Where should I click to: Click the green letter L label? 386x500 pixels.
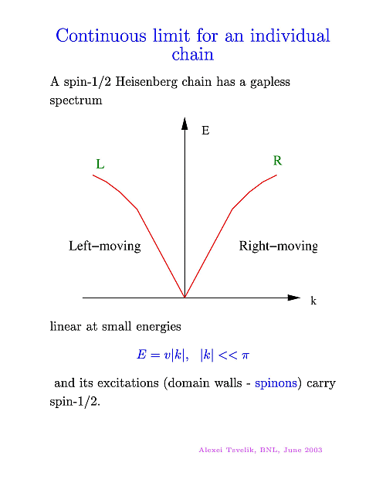pyautogui.click(x=100, y=165)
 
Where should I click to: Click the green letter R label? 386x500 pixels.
pyautogui.click(x=277, y=161)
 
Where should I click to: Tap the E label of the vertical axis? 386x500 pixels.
pyautogui.click(x=205, y=131)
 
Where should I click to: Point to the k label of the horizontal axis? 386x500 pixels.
pyautogui.click(x=313, y=301)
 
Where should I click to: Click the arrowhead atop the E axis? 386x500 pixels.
pyautogui.click(x=185, y=124)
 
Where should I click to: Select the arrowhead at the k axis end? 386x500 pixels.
pyautogui.click(x=293, y=298)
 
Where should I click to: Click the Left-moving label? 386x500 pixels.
pyautogui.click(x=105, y=246)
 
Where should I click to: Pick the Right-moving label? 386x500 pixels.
pyautogui.click(x=279, y=247)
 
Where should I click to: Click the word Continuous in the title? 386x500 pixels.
pyautogui.click(x=100, y=36)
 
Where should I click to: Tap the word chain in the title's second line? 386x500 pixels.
pyautogui.click(x=193, y=54)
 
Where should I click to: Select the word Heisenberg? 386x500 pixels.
pyautogui.click(x=146, y=82)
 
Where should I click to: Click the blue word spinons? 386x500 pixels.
pyautogui.click(x=276, y=383)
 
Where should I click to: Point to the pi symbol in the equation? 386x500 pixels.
pyautogui.click(x=245, y=355)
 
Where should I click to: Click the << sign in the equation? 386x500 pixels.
pyautogui.click(x=228, y=355)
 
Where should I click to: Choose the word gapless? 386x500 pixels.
pyautogui.click(x=270, y=82)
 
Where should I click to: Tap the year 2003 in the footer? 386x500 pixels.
pyautogui.click(x=313, y=450)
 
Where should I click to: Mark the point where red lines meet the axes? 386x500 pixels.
pyautogui.click(x=185, y=298)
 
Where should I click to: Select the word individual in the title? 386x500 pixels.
pyautogui.click(x=289, y=36)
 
